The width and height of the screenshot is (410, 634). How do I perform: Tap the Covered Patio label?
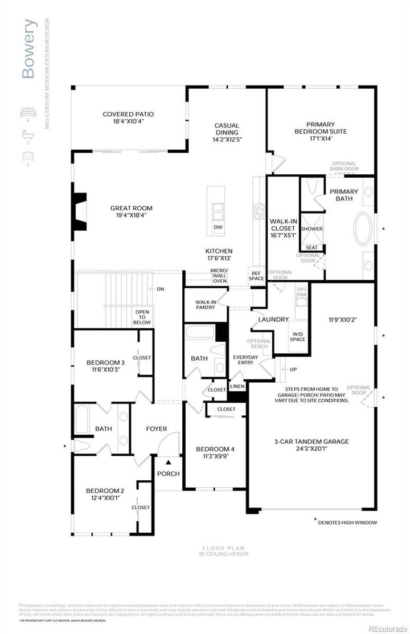128,118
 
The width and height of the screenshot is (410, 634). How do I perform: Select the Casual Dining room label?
227,132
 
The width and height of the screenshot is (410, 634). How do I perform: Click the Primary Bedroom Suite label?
321,131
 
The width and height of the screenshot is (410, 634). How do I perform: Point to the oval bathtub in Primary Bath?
363,229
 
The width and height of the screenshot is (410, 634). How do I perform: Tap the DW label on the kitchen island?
218,227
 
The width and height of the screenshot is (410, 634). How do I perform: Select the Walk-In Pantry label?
205,305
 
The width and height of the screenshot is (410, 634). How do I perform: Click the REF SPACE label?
257,276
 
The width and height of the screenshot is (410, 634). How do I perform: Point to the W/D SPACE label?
298,337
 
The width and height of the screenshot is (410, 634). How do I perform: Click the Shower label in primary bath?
311,228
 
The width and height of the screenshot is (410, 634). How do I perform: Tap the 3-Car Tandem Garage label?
311,445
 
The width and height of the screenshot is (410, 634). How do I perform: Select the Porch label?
169,474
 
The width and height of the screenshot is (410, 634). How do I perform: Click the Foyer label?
156,429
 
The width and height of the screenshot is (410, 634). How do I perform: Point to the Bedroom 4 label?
215,452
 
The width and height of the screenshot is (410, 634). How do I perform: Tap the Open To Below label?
142,317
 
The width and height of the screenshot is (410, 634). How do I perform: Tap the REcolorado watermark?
388,629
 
